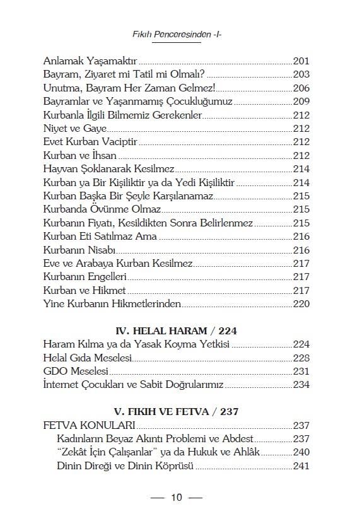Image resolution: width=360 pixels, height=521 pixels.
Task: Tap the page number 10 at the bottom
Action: click(177, 498)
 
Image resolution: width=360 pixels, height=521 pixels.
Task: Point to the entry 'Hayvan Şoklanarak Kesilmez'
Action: click(108, 169)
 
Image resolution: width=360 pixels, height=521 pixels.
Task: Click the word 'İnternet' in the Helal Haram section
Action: click(63, 384)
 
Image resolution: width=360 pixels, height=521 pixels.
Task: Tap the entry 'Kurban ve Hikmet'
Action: click(84, 291)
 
